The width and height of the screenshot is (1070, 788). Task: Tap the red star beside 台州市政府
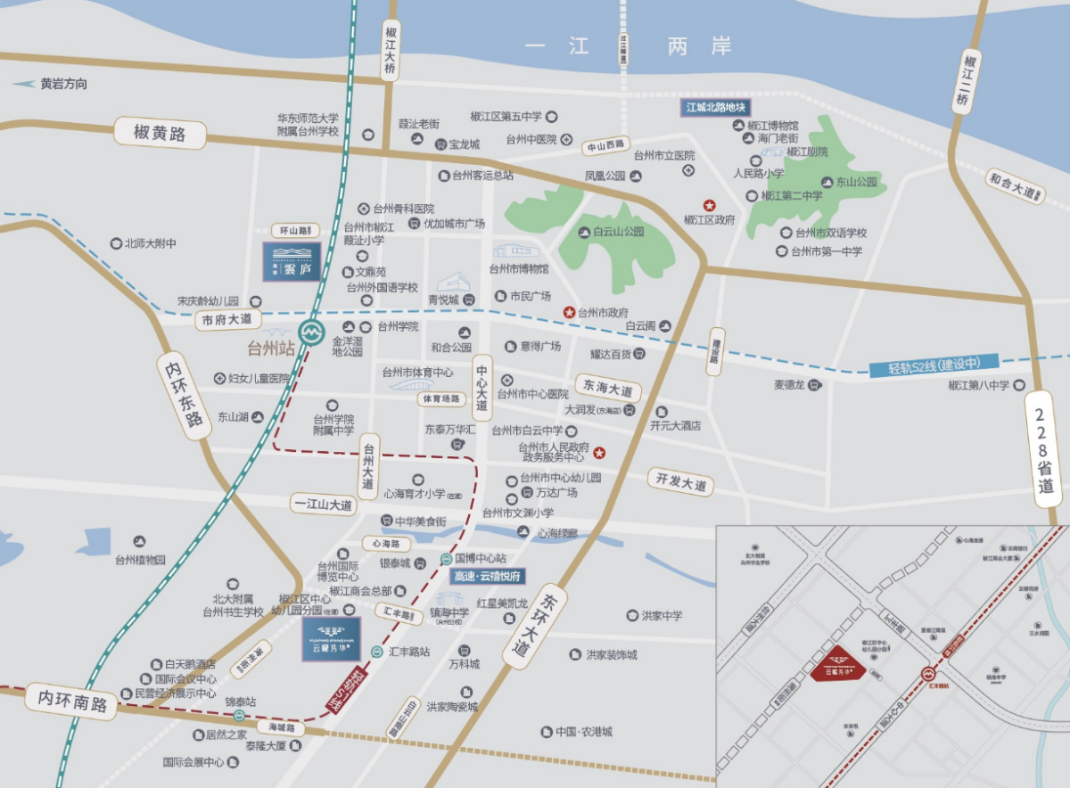click(x=568, y=312)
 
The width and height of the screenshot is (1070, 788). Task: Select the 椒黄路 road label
click(x=160, y=135)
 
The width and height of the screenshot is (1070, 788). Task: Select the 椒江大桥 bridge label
click(x=390, y=52)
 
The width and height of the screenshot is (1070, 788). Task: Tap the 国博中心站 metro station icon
click(x=445, y=559)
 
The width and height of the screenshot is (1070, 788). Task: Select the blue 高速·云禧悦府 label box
click(x=487, y=576)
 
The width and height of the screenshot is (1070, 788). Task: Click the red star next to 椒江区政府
click(x=710, y=204)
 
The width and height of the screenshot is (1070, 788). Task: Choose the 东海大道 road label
click(x=608, y=390)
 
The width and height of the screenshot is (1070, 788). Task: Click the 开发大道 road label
click(x=680, y=481)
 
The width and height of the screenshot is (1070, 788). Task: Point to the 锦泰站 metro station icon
click(x=239, y=715)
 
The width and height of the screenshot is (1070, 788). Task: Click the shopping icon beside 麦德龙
click(x=813, y=385)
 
